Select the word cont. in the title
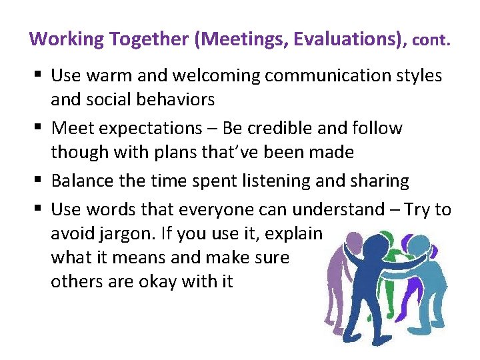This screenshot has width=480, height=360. [x=431, y=40]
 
